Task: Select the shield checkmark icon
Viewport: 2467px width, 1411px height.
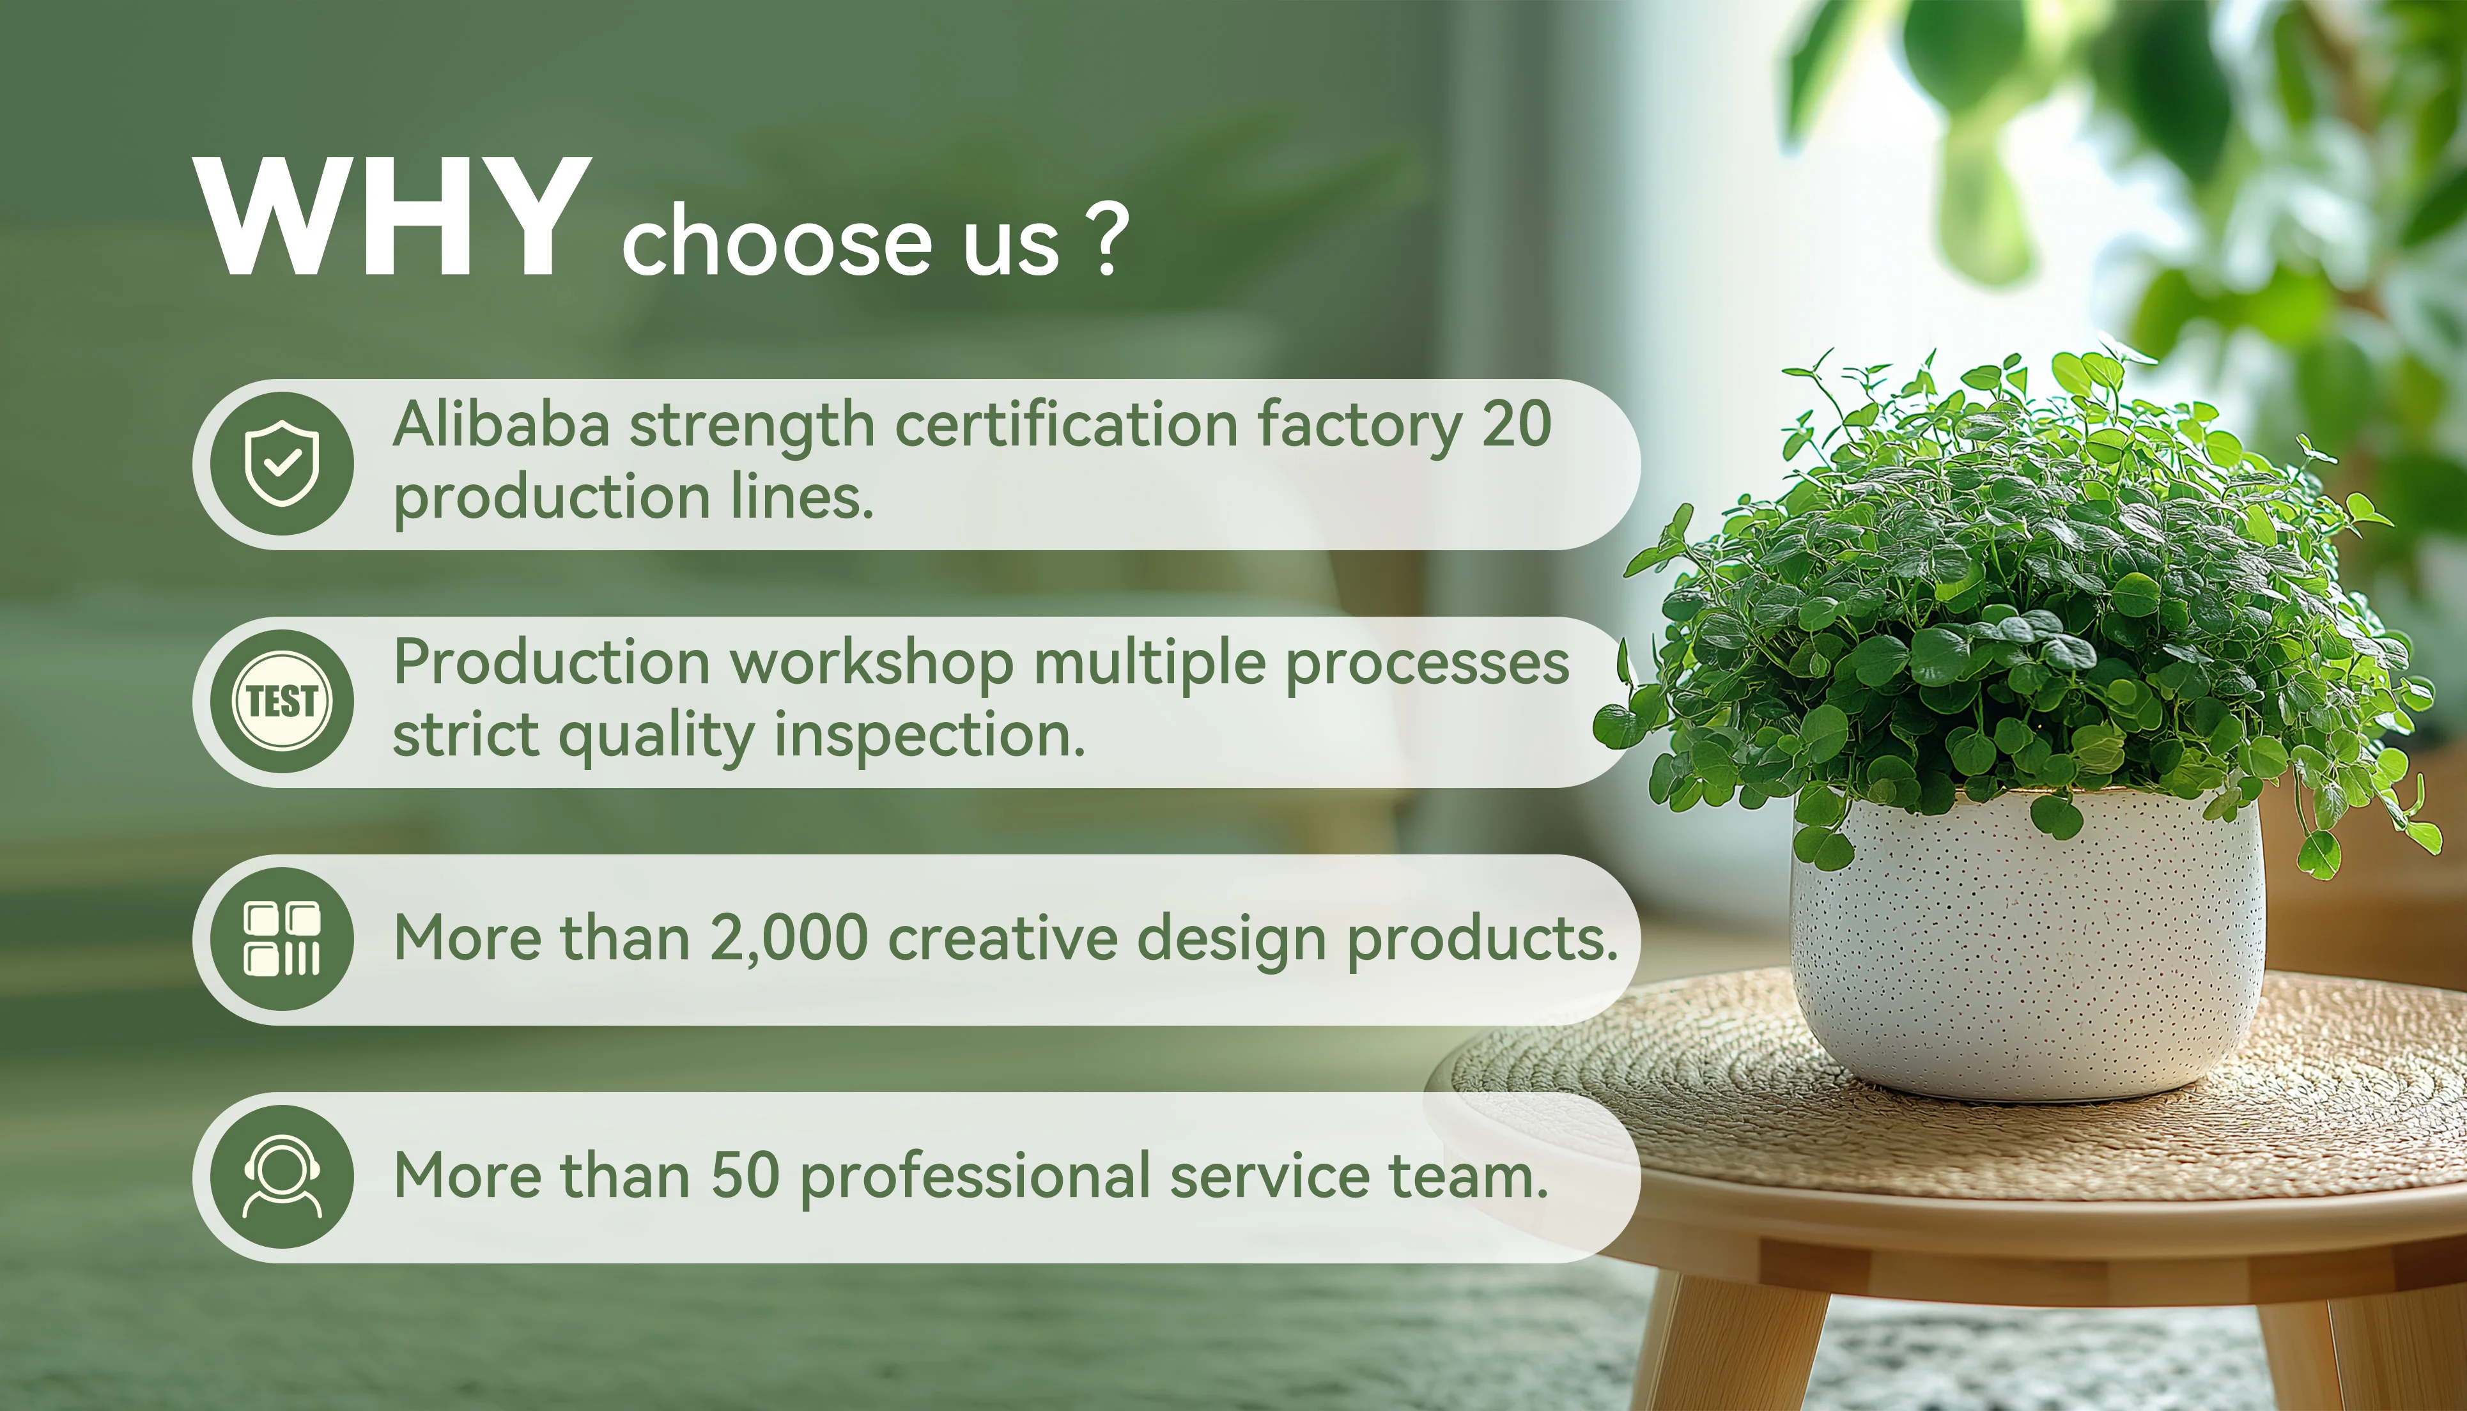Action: pyautogui.click(x=282, y=463)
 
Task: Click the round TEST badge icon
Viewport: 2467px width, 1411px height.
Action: pyautogui.click(x=282, y=700)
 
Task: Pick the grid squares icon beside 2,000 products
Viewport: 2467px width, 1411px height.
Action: pyautogui.click(x=282, y=938)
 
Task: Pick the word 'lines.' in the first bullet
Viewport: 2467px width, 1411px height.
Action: pyautogui.click(x=802, y=497)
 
